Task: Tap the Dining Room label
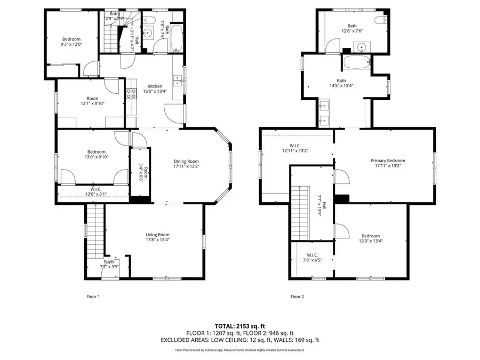[186, 162]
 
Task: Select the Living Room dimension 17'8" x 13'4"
[158, 240]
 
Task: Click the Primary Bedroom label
[388, 161]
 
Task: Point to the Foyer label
[109, 262]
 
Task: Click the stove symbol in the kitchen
[131, 94]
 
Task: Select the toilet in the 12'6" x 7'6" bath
[380, 20]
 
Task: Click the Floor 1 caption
[93, 297]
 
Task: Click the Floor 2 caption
[297, 297]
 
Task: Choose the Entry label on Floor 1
[115, 14]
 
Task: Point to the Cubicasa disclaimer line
[239, 350]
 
